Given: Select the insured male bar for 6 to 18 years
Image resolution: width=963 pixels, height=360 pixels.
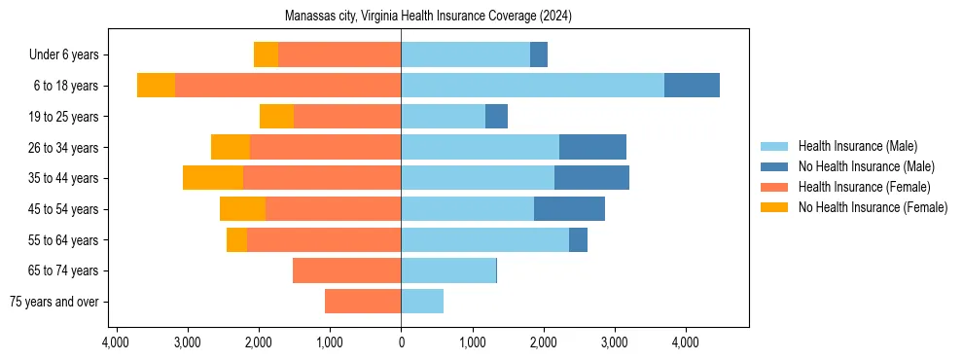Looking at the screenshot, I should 532,86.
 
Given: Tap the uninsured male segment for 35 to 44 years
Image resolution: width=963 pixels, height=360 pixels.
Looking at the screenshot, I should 591,178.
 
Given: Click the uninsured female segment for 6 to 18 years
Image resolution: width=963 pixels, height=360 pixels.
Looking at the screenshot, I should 156,86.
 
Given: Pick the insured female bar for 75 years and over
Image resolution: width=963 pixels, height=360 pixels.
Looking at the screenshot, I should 363,302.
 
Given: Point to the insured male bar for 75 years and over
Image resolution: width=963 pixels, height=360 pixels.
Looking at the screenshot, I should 422,302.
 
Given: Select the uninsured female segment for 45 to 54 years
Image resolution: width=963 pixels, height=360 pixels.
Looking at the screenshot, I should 242,209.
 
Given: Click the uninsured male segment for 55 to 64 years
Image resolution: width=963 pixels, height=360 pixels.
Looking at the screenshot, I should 578,239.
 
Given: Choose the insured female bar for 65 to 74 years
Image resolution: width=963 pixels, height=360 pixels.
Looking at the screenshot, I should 346,270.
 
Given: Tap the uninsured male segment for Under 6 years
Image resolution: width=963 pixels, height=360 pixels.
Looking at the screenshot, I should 539,54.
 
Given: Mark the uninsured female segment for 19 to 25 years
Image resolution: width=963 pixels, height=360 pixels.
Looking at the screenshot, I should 276,117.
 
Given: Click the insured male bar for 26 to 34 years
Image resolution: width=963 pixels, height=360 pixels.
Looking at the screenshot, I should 480,147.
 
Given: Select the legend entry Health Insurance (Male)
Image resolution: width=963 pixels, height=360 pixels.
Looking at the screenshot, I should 857,146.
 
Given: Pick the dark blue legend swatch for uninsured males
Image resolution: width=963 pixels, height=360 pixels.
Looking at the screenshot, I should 774,166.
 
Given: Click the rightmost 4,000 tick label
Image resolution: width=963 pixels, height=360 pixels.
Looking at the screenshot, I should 685,342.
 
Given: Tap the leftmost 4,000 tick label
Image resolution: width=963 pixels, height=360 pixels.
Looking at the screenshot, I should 116,342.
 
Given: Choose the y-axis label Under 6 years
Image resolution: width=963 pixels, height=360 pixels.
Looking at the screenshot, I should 63,55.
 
